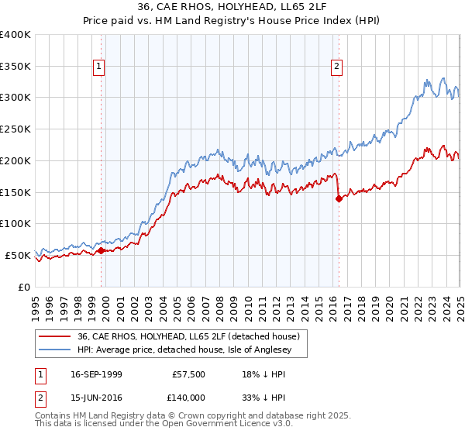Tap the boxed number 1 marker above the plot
tap(100, 67)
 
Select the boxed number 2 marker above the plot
tap(337, 67)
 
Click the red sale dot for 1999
tap(102, 250)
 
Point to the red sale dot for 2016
tap(339, 198)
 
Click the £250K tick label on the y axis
tap(15, 129)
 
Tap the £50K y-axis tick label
tap(18, 255)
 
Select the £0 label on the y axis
tap(25, 287)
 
